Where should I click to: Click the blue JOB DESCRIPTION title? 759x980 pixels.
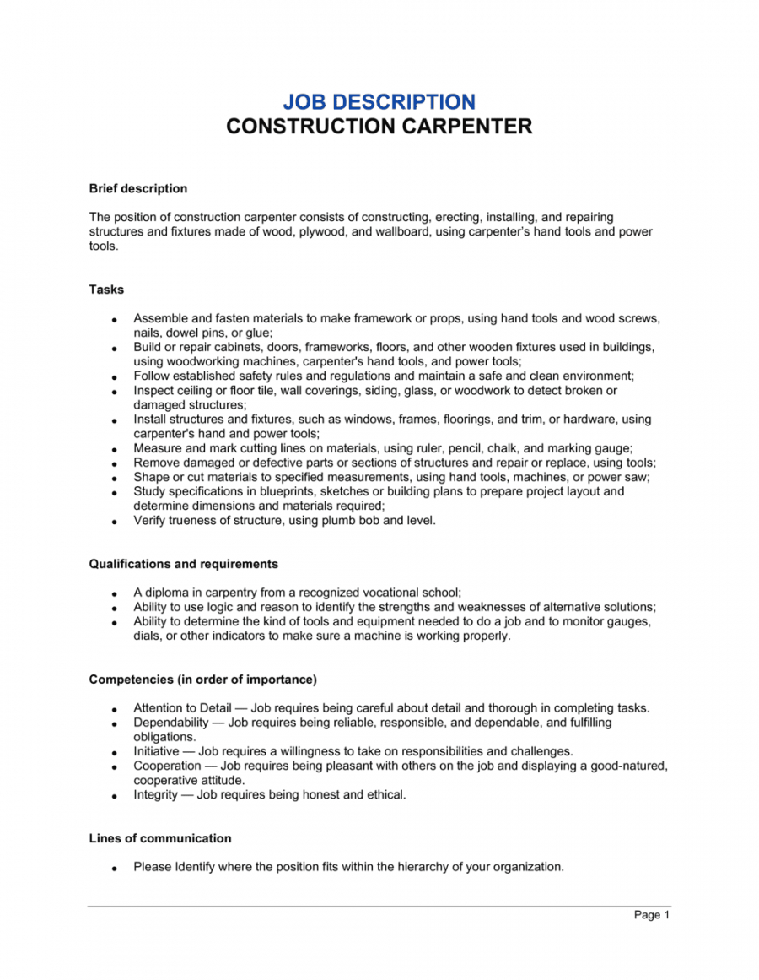[x=379, y=102]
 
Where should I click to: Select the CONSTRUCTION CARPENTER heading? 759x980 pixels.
[x=379, y=127]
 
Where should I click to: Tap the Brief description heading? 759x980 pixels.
[x=138, y=188]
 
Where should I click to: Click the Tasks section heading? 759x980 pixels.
[x=106, y=290]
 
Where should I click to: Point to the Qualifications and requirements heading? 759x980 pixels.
[x=184, y=564]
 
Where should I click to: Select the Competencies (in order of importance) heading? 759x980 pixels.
[x=202, y=680]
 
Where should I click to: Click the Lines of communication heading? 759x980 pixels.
[x=160, y=838]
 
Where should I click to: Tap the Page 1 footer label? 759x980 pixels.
[x=652, y=915]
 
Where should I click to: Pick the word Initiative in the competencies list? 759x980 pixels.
[x=156, y=751]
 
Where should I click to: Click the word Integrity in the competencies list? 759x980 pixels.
[x=155, y=794]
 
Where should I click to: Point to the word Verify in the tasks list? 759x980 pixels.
[x=149, y=521]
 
